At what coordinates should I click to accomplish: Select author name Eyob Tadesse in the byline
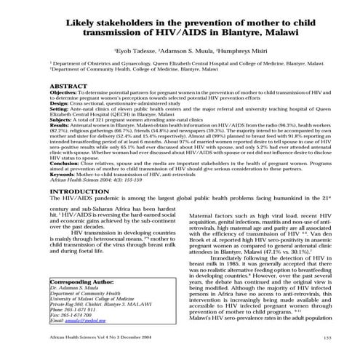[x=135, y=53]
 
